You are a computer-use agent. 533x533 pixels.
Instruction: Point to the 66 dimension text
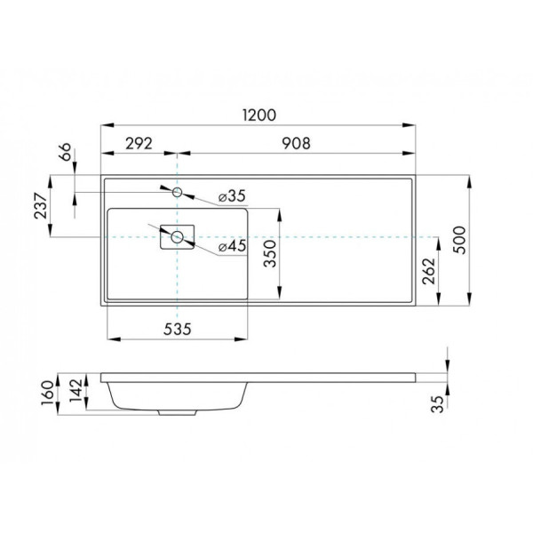pos(65,154)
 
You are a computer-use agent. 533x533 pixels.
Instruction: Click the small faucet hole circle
pos(178,192)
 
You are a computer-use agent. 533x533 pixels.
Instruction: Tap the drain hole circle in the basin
pos(178,236)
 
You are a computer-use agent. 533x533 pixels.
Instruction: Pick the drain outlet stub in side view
pos(169,412)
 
